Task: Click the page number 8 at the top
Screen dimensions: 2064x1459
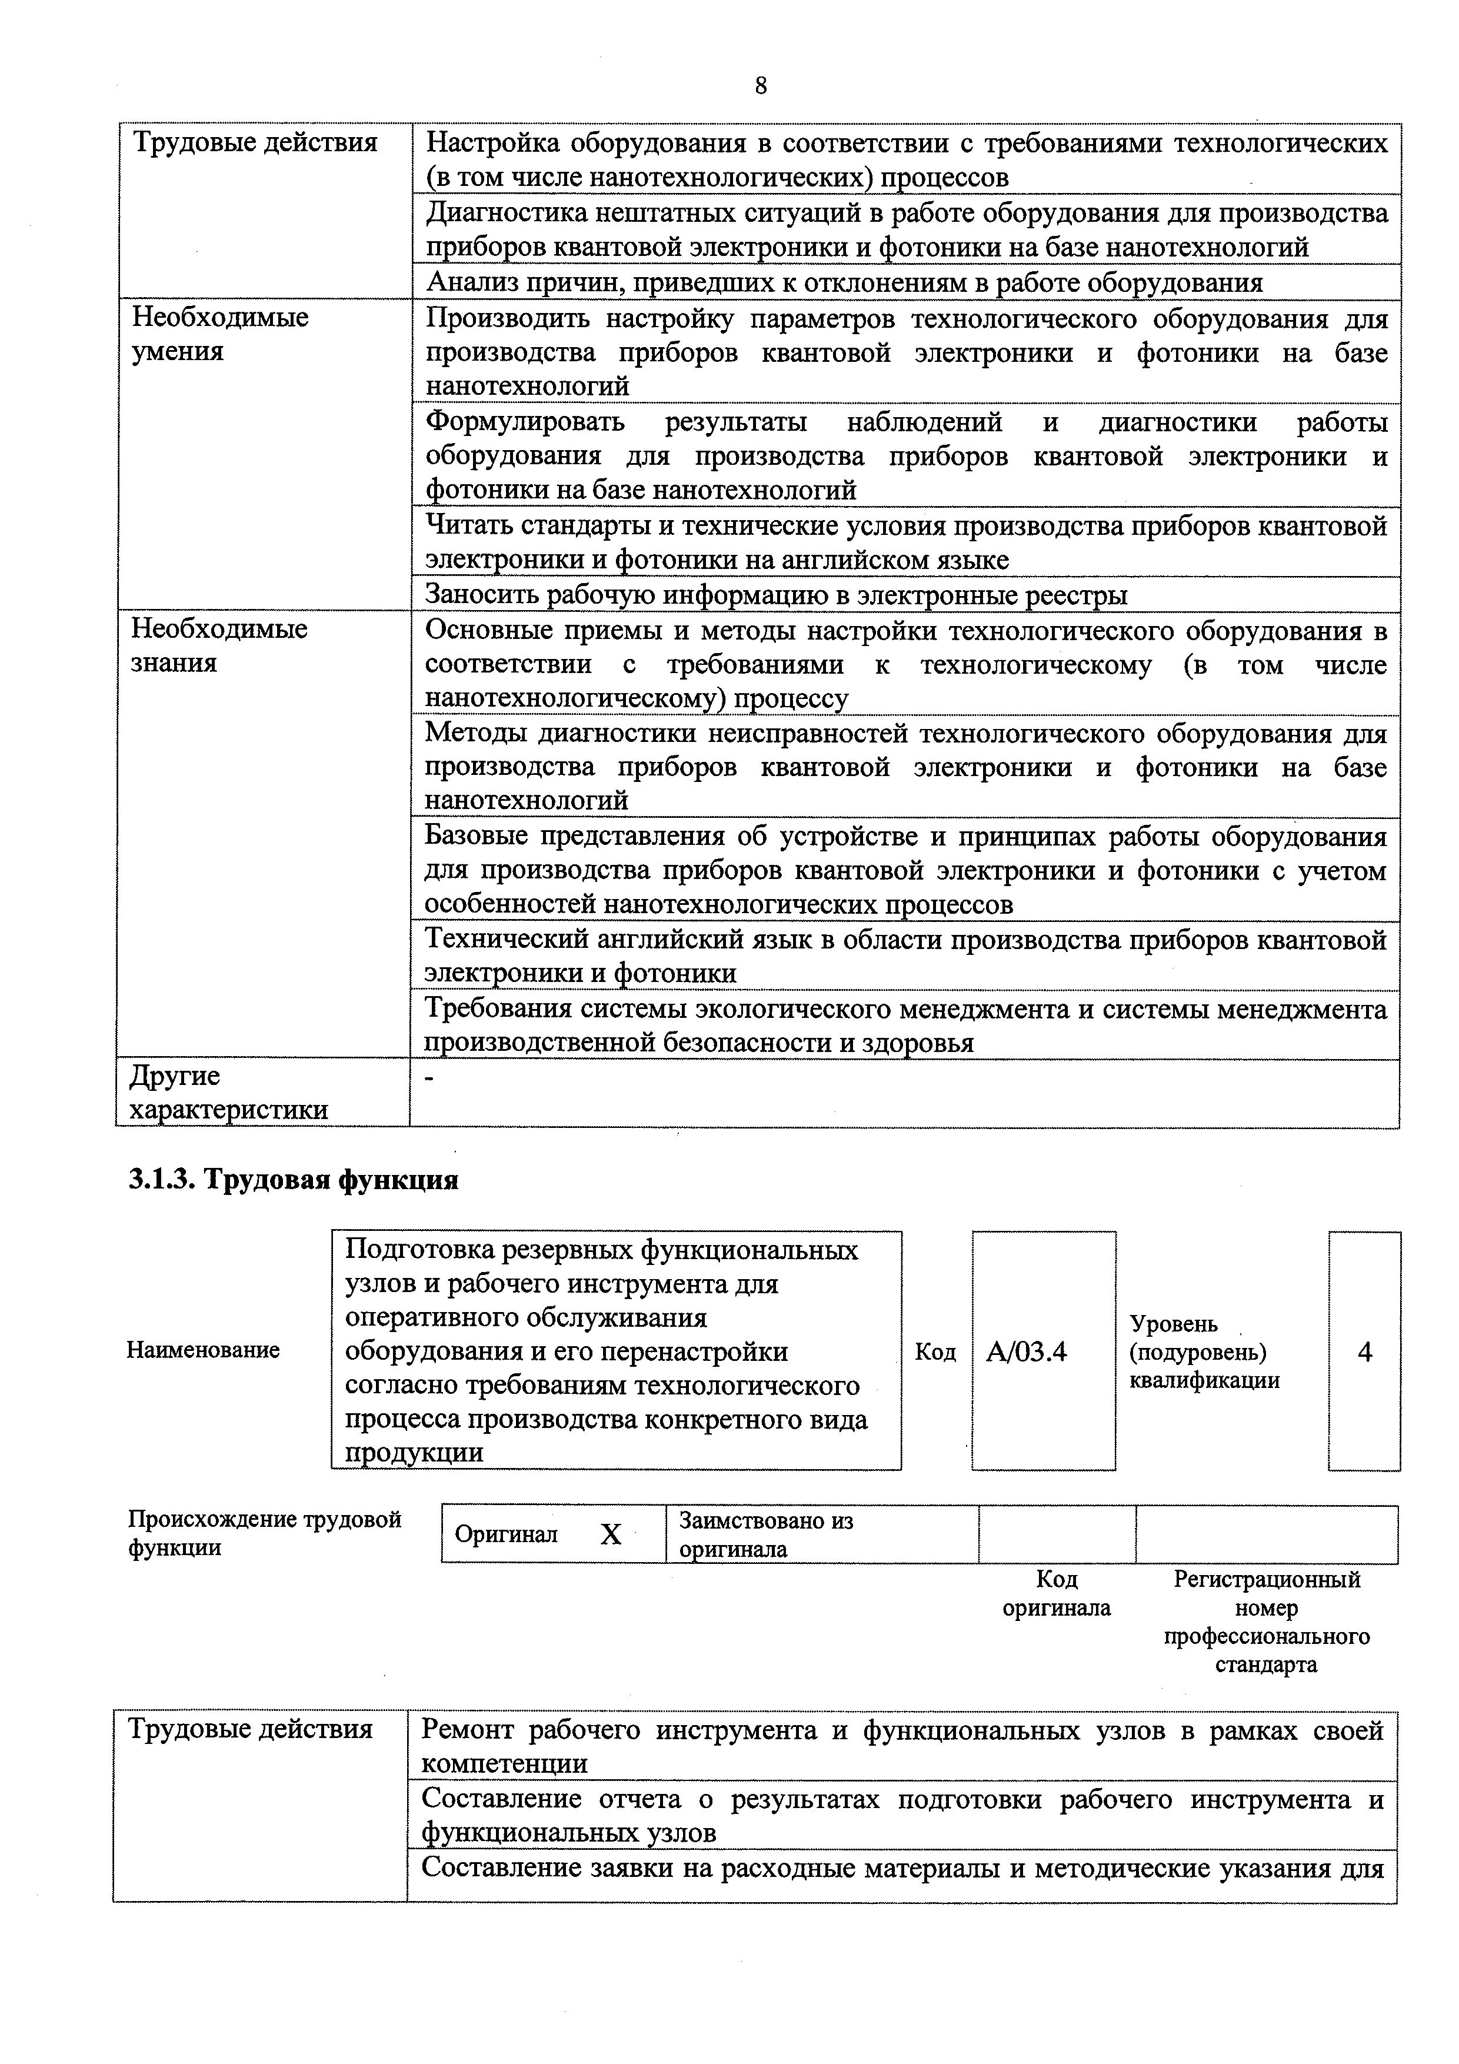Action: coord(761,86)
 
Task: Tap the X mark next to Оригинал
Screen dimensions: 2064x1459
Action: coord(611,1534)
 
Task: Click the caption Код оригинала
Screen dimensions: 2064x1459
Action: coord(1056,1594)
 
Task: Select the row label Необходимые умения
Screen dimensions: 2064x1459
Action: coord(220,334)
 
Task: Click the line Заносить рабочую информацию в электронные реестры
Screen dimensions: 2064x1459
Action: coord(776,595)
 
